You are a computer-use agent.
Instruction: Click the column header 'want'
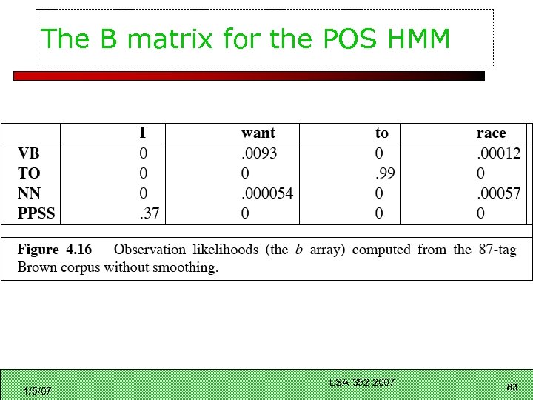point(258,133)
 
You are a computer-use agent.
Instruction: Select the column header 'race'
point(491,133)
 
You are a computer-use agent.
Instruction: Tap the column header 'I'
point(143,133)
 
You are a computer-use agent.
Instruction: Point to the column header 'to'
point(381,133)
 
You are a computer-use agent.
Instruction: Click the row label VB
point(29,153)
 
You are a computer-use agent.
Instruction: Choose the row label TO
point(29,173)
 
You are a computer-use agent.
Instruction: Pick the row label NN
point(29,193)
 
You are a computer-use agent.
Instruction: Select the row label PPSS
point(36,214)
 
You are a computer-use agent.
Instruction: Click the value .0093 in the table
point(258,153)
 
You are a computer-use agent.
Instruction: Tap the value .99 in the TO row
point(383,173)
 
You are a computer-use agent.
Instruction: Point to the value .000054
point(267,193)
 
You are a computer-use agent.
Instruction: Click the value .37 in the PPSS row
point(150,214)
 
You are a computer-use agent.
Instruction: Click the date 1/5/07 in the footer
point(37,390)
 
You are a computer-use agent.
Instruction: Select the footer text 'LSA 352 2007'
point(362,382)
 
